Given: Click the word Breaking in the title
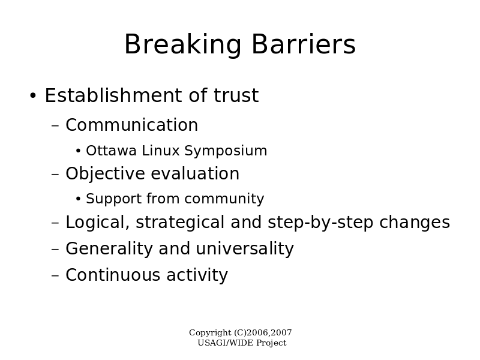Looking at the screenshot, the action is click(183, 44).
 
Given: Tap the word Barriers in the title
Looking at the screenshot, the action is click(304, 44).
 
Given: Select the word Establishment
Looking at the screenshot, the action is click(113, 95).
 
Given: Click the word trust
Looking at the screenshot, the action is click(236, 95).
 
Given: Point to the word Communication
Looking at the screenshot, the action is click(132, 125).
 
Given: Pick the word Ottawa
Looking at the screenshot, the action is click(111, 151).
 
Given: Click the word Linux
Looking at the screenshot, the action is click(161, 151).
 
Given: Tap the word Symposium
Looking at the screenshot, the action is click(226, 151).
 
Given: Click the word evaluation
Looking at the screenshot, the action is click(196, 173).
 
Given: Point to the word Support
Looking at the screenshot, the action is click(114, 199).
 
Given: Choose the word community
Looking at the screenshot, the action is click(224, 199).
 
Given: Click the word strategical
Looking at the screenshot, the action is click(180, 223).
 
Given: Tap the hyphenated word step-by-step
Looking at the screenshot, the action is click(320, 223).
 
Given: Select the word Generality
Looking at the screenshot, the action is click(109, 249).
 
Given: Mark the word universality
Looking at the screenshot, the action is click(245, 249).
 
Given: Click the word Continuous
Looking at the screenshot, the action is click(113, 275).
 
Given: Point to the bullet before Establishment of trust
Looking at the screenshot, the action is click(33, 95).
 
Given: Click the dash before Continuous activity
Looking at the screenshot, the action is click(55, 275).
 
